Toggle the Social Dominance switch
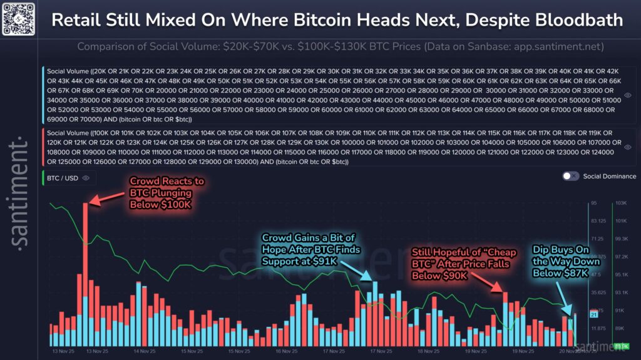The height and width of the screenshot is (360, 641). [x=570, y=177]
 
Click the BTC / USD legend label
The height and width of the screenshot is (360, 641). [x=62, y=178]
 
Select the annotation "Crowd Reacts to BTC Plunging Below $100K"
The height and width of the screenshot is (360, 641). [x=167, y=194]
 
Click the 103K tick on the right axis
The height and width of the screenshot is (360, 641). [x=621, y=203]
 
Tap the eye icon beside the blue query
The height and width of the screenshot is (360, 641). [x=627, y=95]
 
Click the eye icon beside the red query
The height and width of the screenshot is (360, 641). [x=627, y=147]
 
